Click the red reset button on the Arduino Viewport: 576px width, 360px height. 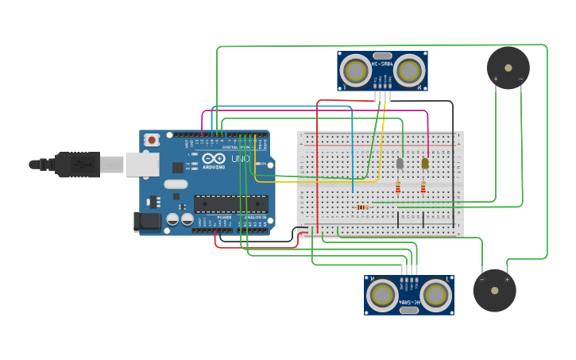tap(152, 140)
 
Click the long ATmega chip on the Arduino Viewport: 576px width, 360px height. tap(230, 203)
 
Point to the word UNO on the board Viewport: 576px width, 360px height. tap(240, 160)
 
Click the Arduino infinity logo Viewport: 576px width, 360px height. tap(212, 159)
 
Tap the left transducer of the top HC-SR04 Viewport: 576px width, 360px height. tap(355, 71)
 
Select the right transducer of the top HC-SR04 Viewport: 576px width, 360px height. tap(408, 71)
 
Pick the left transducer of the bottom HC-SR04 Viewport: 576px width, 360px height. tap(382, 296)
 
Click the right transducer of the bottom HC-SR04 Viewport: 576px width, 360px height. tap(435, 296)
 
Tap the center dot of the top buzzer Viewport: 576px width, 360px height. tap(508, 67)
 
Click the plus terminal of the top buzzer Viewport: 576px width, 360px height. tap(496, 79)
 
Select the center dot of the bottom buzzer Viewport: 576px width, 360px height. tap(494, 290)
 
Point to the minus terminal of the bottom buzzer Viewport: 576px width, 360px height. tap(481, 279)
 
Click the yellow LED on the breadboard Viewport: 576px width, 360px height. tap(425, 163)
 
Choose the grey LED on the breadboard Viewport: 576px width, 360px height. tap(400, 164)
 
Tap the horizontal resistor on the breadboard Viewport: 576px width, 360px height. tap(362, 207)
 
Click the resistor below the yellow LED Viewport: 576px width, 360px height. tap(423, 188)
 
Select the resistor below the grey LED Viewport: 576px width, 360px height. tap(398, 188)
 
